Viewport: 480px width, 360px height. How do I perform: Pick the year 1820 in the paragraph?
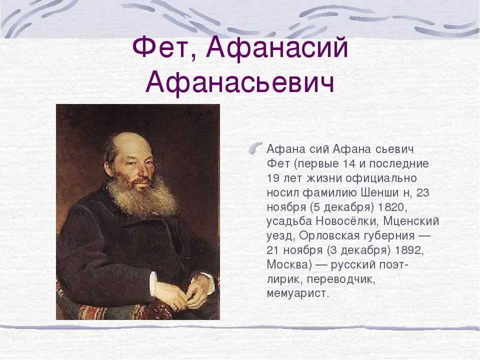(x=403, y=206)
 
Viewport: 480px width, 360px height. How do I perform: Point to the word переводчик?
(x=344, y=278)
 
